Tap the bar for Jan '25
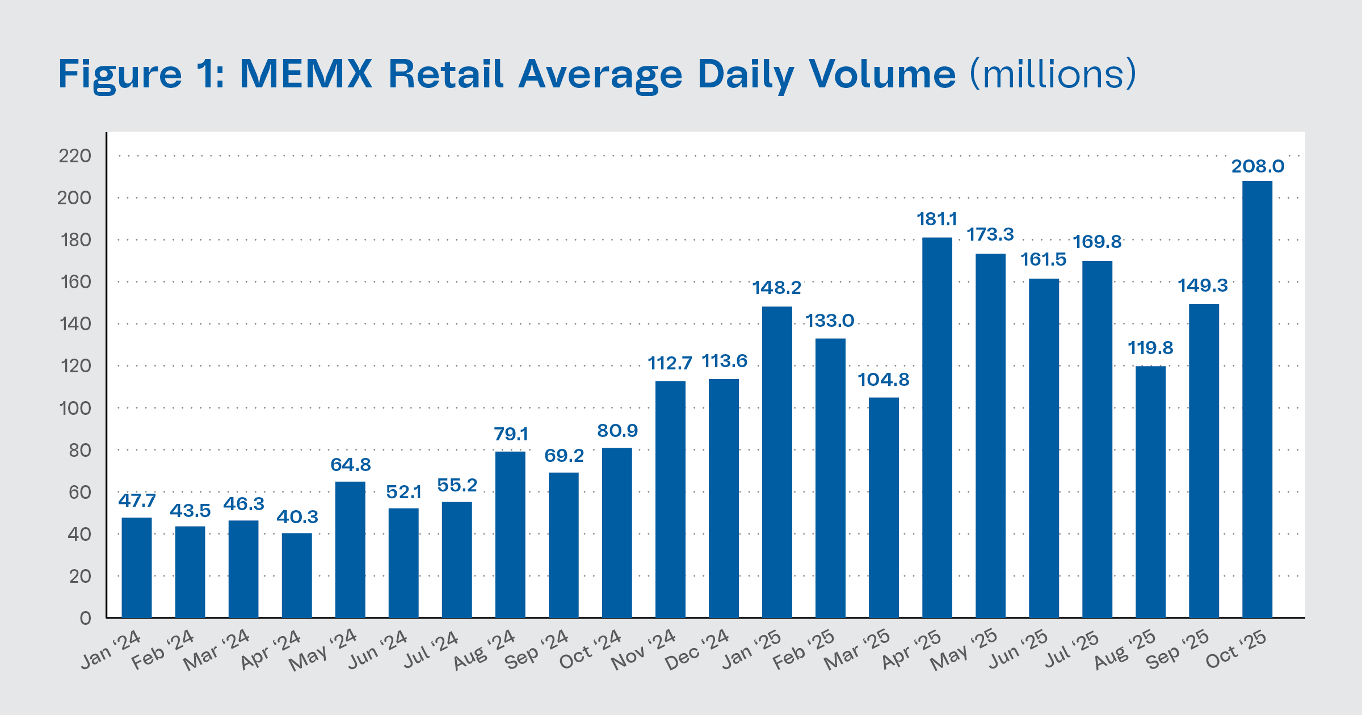click(x=777, y=462)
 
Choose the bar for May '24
click(x=350, y=549)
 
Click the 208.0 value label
click(x=1258, y=166)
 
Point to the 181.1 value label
click(x=936, y=219)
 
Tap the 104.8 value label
click(x=883, y=380)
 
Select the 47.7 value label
click(x=137, y=500)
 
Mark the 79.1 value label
click(x=511, y=434)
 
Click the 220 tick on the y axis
click(x=74, y=155)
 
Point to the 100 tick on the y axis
click(x=74, y=408)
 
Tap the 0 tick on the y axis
click(x=85, y=618)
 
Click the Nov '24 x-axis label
click(x=644, y=650)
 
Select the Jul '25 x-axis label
click(x=1072, y=650)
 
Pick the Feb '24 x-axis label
click(x=163, y=650)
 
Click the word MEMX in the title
click(x=306, y=74)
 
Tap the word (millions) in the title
click(x=1053, y=74)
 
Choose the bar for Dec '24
click(x=724, y=498)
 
